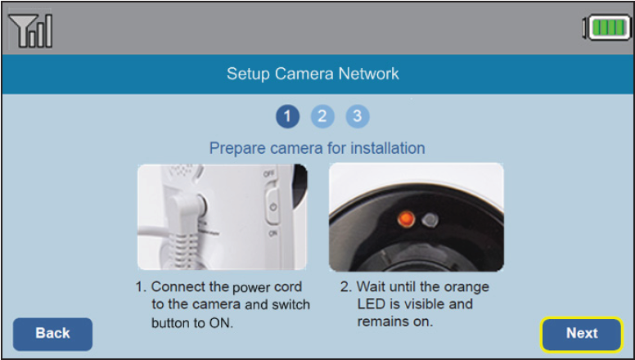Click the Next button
click(582, 333)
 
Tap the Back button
click(52, 334)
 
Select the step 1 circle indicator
click(287, 116)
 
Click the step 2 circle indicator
click(322, 116)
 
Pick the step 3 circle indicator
click(358, 116)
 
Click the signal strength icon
click(30, 30)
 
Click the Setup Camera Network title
click(313, 74)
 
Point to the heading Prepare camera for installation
click(317, 148)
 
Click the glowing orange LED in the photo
click(403, 219)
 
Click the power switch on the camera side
click(272, 207)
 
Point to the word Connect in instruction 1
click(177, 287)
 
